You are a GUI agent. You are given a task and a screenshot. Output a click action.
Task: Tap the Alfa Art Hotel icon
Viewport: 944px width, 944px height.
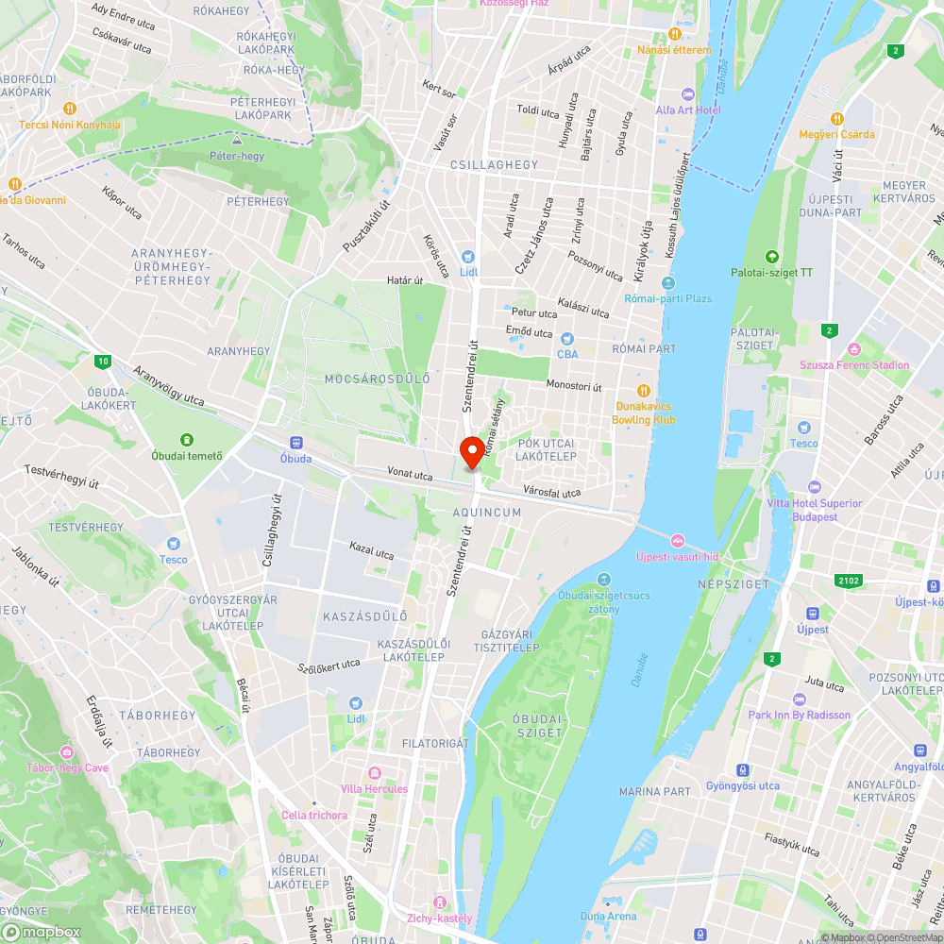tap(687, 94)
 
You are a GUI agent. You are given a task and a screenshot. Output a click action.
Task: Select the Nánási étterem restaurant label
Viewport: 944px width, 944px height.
tap(674, 50)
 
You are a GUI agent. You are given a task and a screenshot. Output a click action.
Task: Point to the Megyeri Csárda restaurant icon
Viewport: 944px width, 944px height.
tap(836, 118)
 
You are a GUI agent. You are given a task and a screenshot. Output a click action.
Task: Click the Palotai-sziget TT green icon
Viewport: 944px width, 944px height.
tap(772, 257)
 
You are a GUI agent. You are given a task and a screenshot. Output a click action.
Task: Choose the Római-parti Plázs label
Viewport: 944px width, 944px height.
tap(668, 298)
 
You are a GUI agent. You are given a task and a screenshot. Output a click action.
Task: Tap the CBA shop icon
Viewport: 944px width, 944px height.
tap(566, 339)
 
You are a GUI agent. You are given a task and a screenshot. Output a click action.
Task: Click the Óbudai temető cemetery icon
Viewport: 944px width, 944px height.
tap(187, 439)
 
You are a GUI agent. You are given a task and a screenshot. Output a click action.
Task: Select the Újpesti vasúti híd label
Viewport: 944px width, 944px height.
tap(677, 557)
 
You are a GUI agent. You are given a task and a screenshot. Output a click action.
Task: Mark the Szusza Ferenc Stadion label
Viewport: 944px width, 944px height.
tap(854, 365)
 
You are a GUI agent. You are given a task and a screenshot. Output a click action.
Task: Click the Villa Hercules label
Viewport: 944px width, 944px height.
tap(375, 788)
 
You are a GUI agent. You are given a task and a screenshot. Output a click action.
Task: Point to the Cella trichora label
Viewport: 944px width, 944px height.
tap(314, 815)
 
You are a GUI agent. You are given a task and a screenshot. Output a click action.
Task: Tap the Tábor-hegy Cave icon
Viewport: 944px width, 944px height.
tap(67, 752)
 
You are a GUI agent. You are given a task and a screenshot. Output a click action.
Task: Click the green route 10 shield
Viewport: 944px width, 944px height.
tap(103, 361)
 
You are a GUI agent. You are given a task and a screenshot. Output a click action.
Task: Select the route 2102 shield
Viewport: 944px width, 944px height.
tap(848, 581)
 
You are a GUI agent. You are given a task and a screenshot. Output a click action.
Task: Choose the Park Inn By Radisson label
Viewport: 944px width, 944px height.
tap(799, 715)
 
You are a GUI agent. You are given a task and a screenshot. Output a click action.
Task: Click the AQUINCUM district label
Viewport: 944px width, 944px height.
tap(487, 513)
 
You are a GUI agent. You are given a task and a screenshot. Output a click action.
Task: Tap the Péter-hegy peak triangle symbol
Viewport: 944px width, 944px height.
tap(236, 141)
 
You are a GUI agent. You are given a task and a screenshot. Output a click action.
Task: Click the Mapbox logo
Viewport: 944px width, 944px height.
tap(42, 932)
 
